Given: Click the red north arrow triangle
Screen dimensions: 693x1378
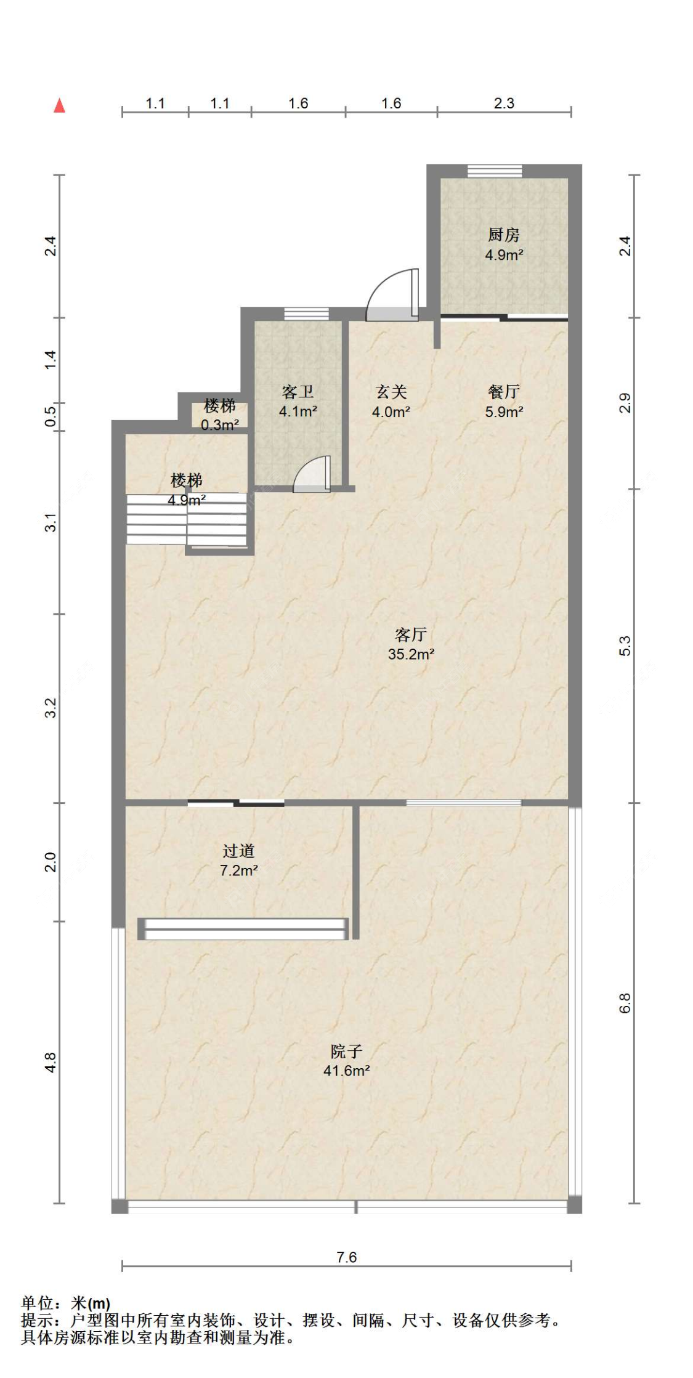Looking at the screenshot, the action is (59, 105).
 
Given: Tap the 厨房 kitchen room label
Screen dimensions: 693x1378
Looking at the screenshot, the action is (503, 235).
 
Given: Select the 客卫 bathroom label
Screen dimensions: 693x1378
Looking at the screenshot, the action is (298, 392).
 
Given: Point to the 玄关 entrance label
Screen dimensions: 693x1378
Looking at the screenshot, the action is (391, 392).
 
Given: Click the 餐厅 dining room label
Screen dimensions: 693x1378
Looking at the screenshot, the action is (503, 392).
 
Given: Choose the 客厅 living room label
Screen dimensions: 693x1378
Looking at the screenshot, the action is (411, 634).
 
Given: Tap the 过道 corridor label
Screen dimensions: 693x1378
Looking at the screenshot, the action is (238, 851).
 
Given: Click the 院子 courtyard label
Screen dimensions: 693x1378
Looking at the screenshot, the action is (346, 1051).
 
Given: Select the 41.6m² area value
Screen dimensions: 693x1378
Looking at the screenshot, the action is (346, 1071).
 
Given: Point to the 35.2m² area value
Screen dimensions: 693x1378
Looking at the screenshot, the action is (411, 654).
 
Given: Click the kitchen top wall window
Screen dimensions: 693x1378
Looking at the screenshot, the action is (495, 171).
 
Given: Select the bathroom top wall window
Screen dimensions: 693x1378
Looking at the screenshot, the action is (306, 314).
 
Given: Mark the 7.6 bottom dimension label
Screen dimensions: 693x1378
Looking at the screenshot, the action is (346, 1257).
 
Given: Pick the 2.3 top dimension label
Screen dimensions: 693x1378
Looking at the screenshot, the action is (504, 103).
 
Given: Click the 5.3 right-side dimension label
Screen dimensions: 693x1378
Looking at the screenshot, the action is (625, 646).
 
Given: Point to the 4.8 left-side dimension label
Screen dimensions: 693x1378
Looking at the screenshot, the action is (51, 1063).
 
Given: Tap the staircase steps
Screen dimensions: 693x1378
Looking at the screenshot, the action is (187, 519).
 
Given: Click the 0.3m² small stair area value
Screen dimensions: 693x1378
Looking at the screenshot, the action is (220, 425).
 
